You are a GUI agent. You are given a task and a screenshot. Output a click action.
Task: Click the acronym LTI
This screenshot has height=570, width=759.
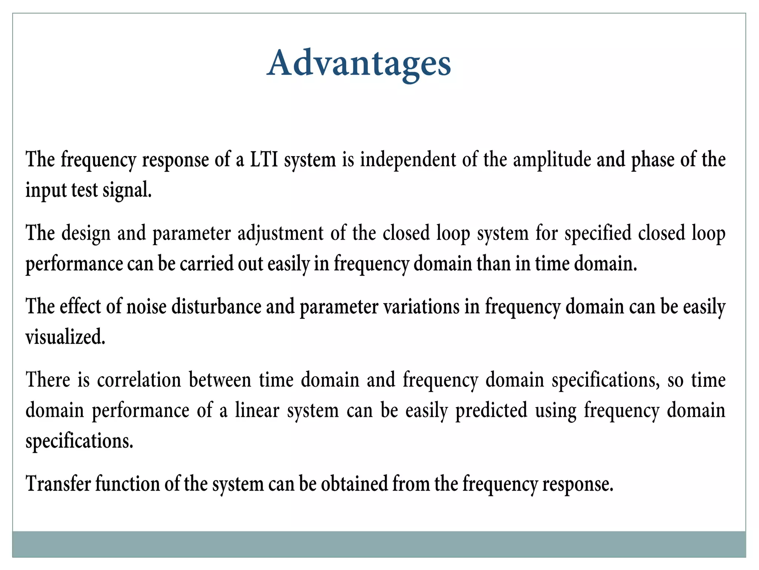(x=264, y=160)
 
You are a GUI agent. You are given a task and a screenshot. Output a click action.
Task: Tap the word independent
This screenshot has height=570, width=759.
(x=408, y=160)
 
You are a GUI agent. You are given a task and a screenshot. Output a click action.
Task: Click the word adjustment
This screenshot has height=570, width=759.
(x=281, y=233)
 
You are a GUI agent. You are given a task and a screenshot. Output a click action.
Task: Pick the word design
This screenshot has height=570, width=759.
(x=86, y=233)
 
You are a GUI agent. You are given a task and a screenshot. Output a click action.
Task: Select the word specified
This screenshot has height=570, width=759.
(x=598, y=233)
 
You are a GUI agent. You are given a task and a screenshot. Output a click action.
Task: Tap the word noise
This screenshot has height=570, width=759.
(x=146, y=307)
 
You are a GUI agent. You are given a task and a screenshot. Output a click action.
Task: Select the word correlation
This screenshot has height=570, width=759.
(x=139, y=380)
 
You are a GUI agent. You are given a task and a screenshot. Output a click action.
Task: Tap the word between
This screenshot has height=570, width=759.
(x=220, y=380)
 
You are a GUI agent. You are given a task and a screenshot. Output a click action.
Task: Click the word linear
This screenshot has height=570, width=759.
(x=257, y=410)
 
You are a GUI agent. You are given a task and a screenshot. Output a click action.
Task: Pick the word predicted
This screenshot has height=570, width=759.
(x=491, y=410)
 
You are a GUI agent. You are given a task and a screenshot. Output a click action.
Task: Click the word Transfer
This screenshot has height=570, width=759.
(x=58, y=484)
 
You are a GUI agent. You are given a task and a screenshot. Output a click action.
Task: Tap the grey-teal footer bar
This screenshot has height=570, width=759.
(x=379, y=544)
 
